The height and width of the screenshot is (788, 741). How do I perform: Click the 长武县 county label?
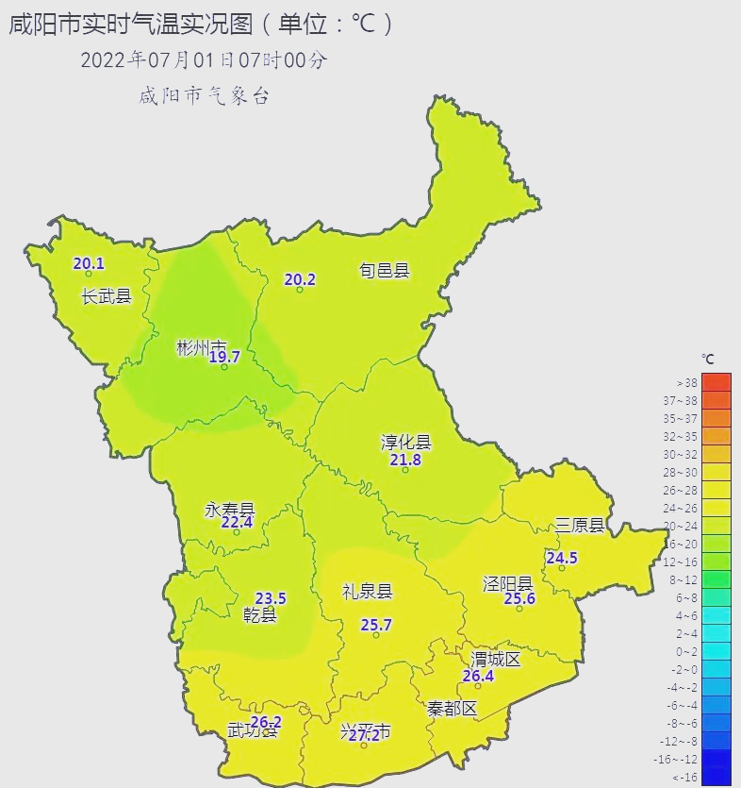coord(107,296)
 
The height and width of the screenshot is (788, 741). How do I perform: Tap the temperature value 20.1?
coord(89,264)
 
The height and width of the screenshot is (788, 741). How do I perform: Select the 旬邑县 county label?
coord(385,271)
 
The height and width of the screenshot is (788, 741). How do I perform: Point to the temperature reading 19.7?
coord(224,357)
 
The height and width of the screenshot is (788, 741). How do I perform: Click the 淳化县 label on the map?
coord(405,443)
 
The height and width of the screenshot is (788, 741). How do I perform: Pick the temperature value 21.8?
coord(405,460)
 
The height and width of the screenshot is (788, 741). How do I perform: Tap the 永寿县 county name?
coord(230,510)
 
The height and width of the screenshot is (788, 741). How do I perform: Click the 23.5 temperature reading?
coord(271,598)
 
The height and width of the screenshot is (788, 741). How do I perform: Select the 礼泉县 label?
coord(367,592)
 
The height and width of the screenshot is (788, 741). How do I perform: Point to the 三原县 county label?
coord(580,526)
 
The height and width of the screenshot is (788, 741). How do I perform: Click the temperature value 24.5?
coord(562,558)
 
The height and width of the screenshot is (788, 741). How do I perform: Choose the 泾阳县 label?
coord(508,583)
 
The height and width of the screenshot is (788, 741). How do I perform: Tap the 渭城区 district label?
coord(496,659)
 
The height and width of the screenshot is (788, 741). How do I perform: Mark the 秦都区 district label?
coord(453,708)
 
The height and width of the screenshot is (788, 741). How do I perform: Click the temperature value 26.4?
coord(478,676)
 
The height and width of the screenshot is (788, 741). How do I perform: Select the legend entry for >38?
coord(686,383)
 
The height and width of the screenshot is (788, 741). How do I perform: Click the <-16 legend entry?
coord(686,778)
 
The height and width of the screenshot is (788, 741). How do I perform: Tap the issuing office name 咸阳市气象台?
coord(204,95)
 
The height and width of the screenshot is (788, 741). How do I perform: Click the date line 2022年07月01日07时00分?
coord(204,59)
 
